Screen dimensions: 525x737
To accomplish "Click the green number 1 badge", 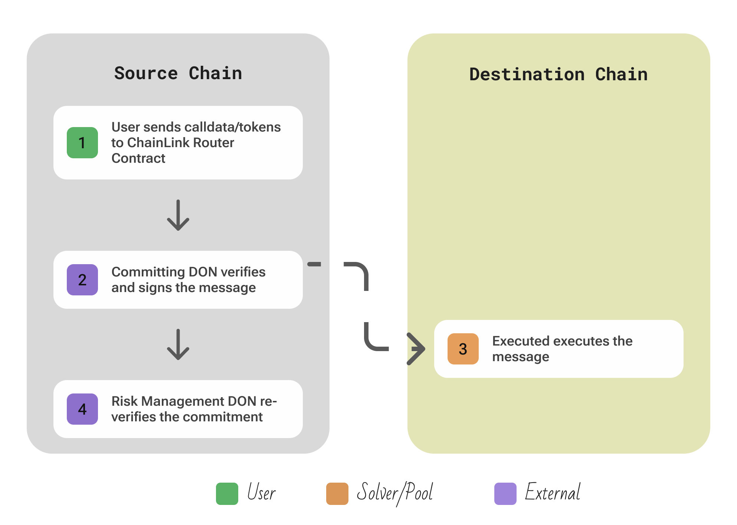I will click(x=82, y=143).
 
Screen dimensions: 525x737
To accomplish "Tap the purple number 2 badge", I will click(x=82, y=280).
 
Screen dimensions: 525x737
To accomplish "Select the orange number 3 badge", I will click(x=463, y=349).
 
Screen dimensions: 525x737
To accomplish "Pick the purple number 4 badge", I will click(x=82, y=409).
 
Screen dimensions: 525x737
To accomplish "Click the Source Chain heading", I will click(x=178, y=73).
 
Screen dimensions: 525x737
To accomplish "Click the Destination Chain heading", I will click(x=559, y=74).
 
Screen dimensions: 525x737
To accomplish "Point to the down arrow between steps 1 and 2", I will click(x=178, y=215).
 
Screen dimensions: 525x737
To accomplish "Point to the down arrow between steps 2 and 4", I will click(x=178, y=344).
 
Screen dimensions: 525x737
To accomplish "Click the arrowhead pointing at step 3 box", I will click(x=416, y=349).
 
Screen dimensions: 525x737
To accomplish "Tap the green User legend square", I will click(x=227, y=493).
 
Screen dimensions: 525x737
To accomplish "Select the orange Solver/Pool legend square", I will click(x=337, y=493).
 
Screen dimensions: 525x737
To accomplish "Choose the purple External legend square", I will click(x=505, y=493).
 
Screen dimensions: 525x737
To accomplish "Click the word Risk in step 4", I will click(x=124, y=401).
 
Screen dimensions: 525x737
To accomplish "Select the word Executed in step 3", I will click(x=521, y=341).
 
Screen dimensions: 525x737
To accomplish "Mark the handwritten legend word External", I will click(x=553, y=493).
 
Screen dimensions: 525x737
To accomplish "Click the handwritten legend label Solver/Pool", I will click(x=394, y=493).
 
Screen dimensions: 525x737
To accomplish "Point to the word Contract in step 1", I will click(x=138, y=158).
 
